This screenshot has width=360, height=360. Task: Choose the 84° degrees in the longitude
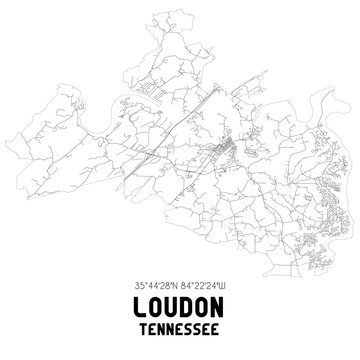[x=189, y=284]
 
